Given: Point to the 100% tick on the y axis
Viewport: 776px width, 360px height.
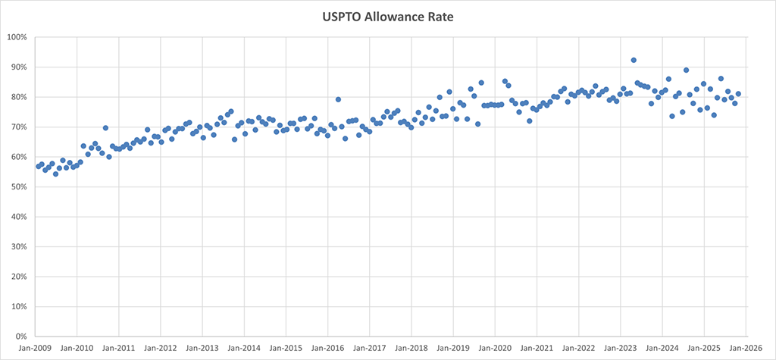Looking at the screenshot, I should [x=17, y=37].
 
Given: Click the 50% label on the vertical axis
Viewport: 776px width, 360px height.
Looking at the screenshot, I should [x=18, y=187].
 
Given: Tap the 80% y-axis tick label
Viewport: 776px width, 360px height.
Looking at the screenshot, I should [x=18, y=97].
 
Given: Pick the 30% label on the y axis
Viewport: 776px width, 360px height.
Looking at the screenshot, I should [x=18, y=247].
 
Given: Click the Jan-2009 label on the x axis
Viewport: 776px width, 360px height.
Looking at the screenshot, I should [x=35, y=349].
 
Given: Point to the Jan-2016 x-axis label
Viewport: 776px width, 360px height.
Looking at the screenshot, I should [x=327, y=349].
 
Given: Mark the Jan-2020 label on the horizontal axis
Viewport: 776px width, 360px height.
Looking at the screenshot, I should [x=495, y=349].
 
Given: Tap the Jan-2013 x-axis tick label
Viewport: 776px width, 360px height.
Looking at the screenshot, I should [x=202, y=349].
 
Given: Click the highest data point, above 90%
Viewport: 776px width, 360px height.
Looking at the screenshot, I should [x=634, y=60].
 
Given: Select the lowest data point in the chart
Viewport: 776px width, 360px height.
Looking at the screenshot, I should [x=55, y=174].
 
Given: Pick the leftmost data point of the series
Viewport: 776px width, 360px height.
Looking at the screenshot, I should [x=38, y=166].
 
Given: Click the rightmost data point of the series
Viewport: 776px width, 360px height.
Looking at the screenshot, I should [x=738, y=94].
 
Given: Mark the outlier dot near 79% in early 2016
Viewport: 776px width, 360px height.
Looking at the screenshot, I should [x=338, y=99].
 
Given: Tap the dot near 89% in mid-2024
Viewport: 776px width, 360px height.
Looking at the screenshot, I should [x=686, y=70].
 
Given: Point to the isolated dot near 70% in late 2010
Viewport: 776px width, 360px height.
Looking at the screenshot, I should [x=105, y=128].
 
